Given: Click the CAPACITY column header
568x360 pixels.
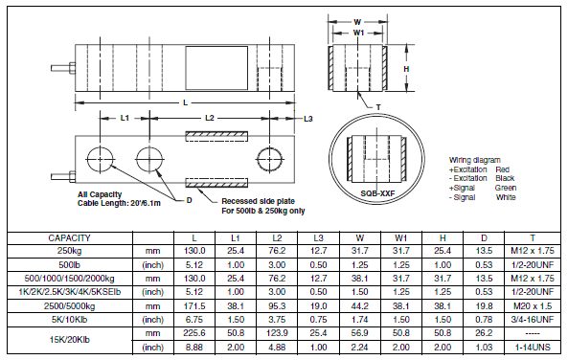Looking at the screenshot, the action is point(69,238).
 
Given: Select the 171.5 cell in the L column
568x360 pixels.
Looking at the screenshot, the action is point(194,306).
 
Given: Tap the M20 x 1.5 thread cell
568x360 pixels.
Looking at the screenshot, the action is point(533,306).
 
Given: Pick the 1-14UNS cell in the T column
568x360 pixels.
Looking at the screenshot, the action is point(533,348).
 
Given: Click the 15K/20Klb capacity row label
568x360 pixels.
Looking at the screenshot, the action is point(70,340).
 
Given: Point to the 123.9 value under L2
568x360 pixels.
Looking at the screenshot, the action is point(277,333).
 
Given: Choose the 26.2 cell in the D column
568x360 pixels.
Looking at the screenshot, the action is point(484,333).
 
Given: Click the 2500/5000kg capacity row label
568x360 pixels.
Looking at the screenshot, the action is point(70,306).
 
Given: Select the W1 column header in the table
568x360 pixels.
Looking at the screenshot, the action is point(401,238).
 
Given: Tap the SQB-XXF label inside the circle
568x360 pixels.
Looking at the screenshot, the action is point(377,193).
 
